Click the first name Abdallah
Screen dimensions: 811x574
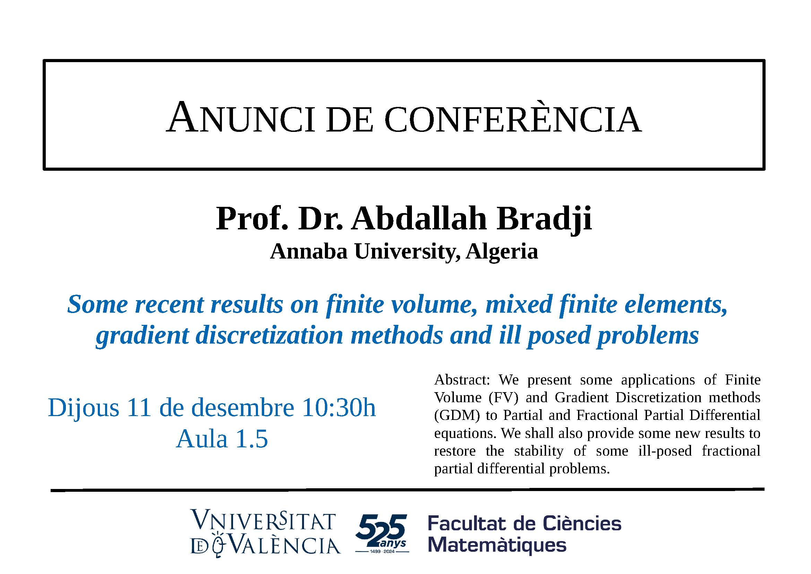click(419, 219)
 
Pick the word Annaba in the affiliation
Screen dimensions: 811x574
click(308, 252)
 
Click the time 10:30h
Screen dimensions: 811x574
click(339, 407)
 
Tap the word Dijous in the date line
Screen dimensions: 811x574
click(83, 408)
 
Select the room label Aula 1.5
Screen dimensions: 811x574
click(222, 439)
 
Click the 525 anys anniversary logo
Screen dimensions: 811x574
click(382, 534)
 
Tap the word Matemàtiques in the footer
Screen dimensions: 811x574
click(497, 545)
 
